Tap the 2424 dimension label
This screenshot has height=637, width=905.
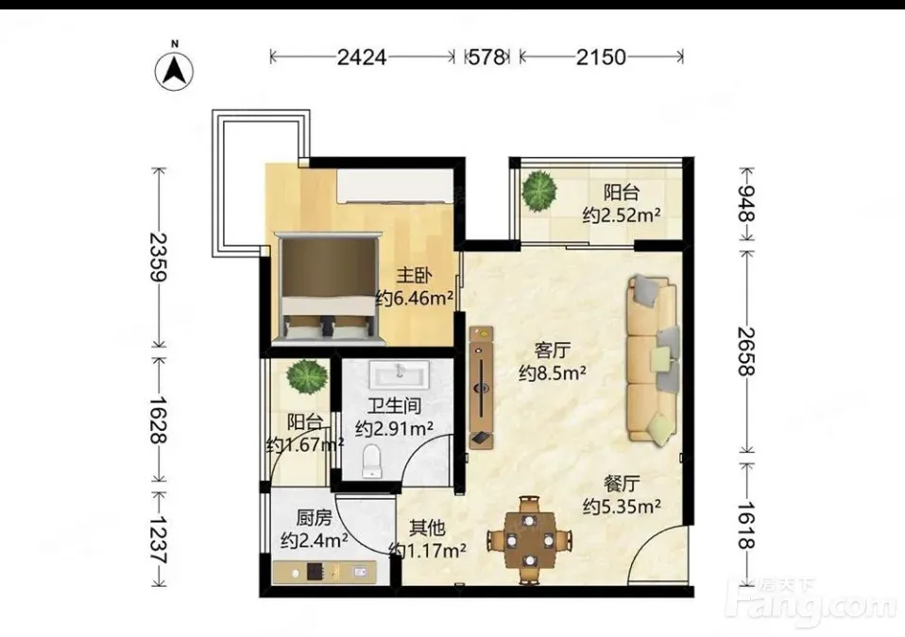[361, 57]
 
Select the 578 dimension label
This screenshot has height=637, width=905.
[487, 57]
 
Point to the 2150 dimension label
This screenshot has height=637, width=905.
[600, 57]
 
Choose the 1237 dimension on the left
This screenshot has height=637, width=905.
[158, 539]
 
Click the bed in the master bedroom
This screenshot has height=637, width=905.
[330, 288]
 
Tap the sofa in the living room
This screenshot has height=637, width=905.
[653, 360]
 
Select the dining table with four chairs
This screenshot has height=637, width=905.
[530, 540]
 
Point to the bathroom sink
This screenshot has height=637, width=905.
[400, 374]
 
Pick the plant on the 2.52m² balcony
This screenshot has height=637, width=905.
[539, 188]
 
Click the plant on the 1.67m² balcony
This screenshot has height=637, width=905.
[308, 377]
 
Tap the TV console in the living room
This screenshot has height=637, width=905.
[482, 387]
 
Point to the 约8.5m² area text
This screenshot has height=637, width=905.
[553, 373]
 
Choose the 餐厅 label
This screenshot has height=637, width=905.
[622, 483]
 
